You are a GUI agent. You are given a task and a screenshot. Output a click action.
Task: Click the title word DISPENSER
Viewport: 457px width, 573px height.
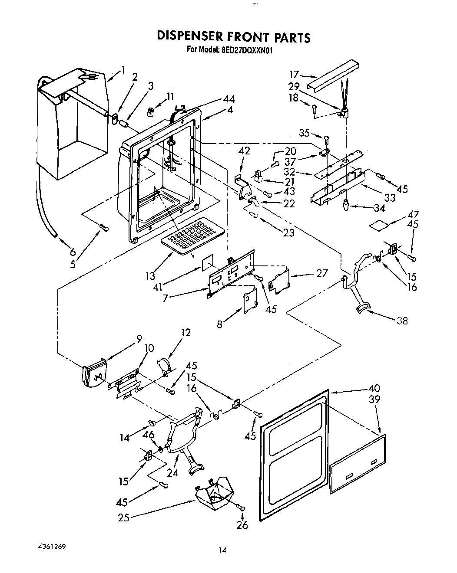(195, 37)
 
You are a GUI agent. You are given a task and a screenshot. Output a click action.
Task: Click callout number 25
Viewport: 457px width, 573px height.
(123, 517)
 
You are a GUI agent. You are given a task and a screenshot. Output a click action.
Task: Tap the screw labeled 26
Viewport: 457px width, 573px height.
(241, 507)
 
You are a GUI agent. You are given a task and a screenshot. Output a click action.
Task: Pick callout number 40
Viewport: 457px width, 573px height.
(374, 388)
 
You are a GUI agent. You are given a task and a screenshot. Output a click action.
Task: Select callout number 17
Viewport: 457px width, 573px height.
(295, 74)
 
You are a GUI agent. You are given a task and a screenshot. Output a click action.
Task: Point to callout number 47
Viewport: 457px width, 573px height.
(413, 214)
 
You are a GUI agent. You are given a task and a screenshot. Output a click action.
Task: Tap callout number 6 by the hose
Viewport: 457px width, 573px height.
(72, 252)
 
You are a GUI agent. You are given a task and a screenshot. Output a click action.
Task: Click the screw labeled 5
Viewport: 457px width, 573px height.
(103, 227)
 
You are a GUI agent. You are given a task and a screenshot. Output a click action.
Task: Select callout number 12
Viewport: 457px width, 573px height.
(185, 333)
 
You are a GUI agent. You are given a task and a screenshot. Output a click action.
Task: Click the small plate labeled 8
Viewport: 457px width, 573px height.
(249, 300)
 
